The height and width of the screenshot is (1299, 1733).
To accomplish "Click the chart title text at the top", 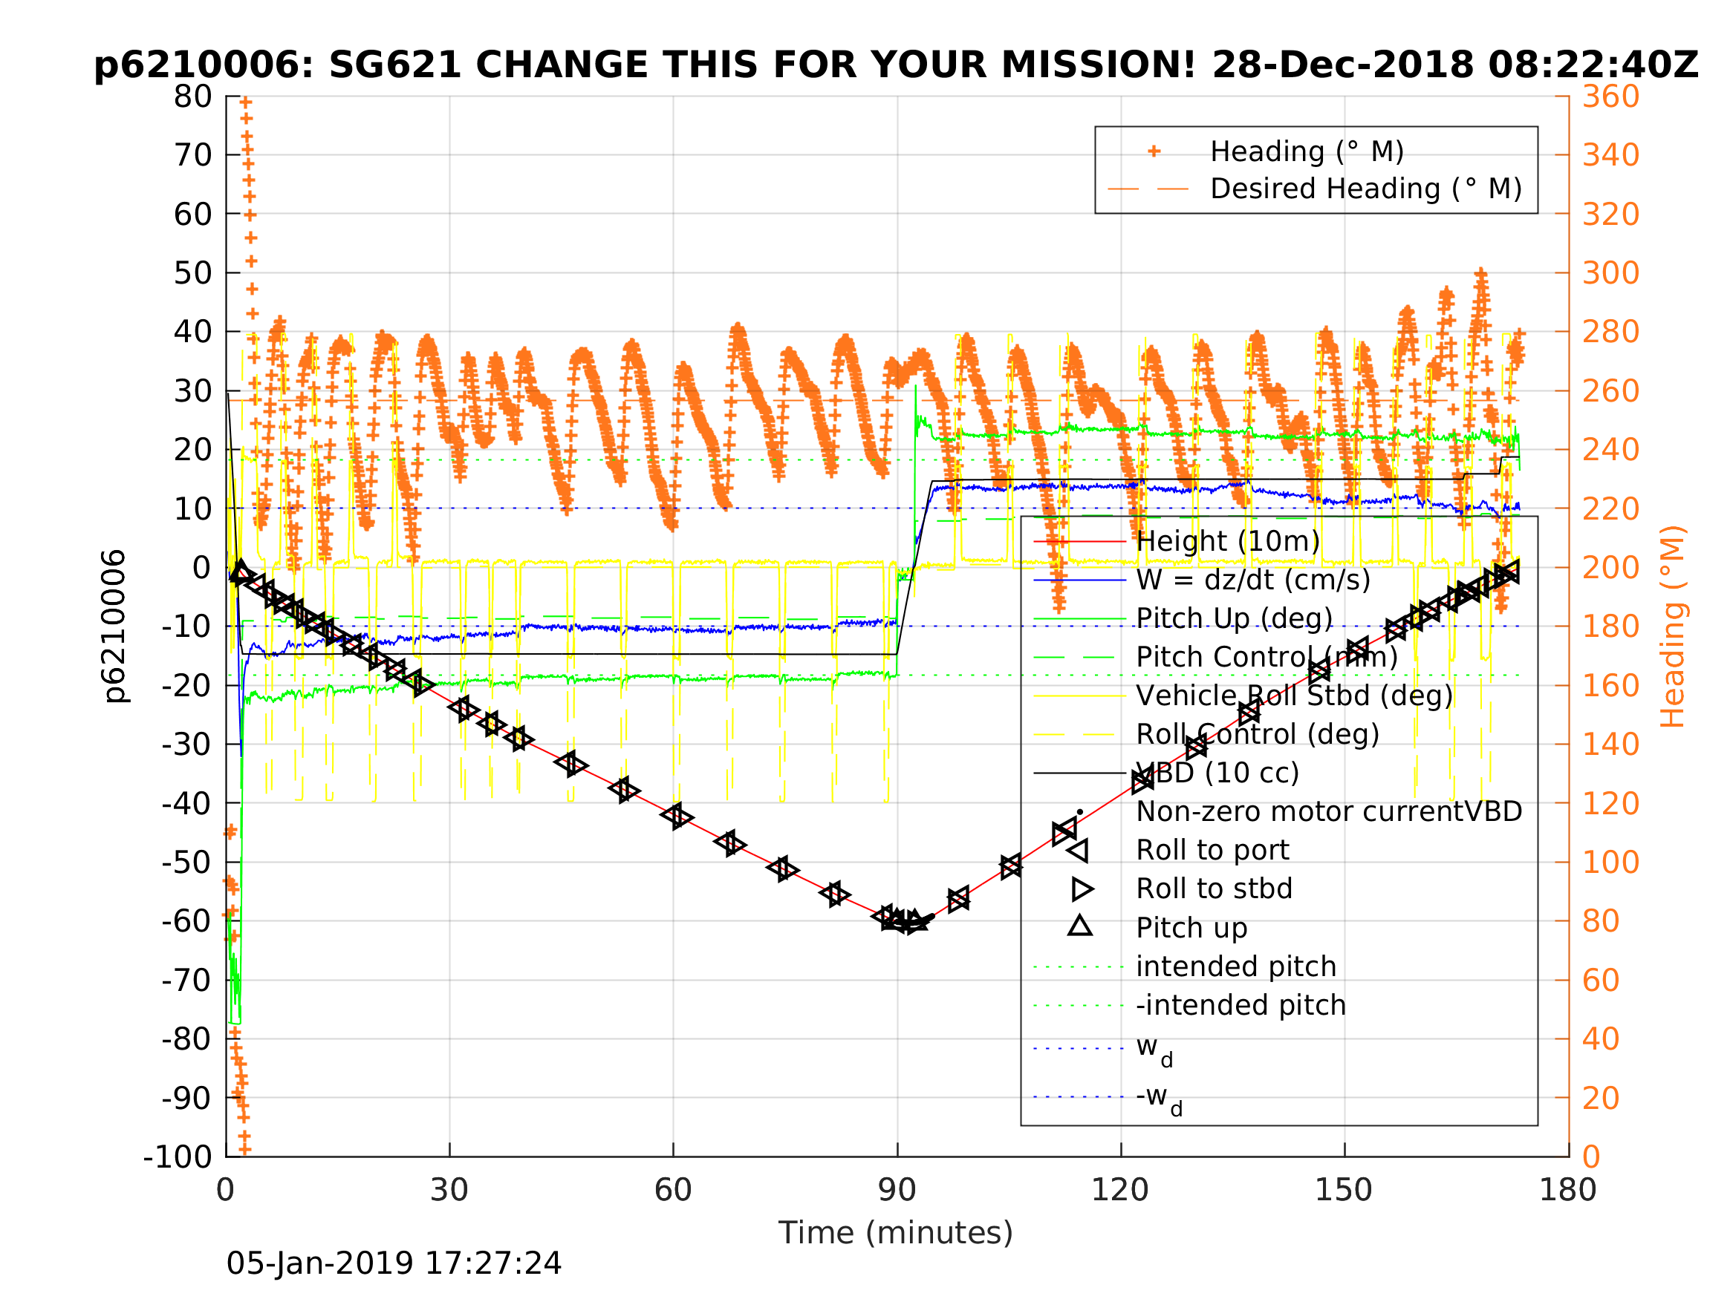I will click(x=896, y=65).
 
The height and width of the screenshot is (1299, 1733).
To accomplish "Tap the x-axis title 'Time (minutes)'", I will click(x=896, y=1232).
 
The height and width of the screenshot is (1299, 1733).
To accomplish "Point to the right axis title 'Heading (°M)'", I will click(x=1672, y=626).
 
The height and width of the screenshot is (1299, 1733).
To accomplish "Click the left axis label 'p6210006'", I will click(x=115, y=626).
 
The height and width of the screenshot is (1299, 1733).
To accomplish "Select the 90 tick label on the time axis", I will click(x=897, y=1190).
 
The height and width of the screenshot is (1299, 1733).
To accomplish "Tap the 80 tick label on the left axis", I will click(x=192, y=97).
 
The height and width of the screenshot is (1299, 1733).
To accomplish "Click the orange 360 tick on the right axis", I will click(x=1610, y=97).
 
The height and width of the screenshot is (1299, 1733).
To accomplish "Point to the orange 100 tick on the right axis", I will click(x=1610, y=862).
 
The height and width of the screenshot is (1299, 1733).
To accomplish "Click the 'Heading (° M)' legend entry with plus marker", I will click(x=1306, y=151).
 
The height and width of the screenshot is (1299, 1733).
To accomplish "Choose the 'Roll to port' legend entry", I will click(x=1212, y=851).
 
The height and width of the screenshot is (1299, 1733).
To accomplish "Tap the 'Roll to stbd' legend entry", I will click(x=1214, y=889).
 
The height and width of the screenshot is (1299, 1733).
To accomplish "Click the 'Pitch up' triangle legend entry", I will click(x=1191, y=928).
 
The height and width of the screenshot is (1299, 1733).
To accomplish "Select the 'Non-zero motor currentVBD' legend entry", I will click(x=1329, y=812).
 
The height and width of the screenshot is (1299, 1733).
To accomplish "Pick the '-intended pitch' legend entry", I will click(x=1241, y=1005).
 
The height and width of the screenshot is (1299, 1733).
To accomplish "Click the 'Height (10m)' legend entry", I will click(x=1228, y=541).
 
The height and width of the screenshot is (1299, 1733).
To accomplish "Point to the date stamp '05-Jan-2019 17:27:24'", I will click(x=393, y=1264).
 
